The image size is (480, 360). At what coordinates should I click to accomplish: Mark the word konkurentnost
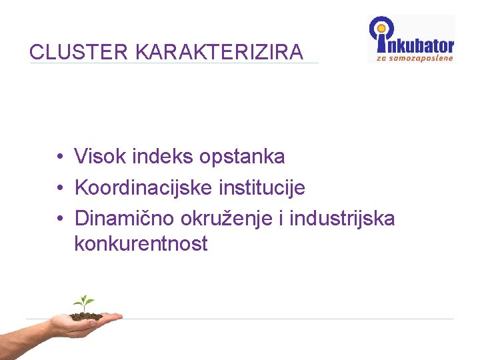point(141,244)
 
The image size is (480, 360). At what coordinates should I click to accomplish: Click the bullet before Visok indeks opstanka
point(60,157)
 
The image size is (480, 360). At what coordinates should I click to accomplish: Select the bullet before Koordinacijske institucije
point(60,188)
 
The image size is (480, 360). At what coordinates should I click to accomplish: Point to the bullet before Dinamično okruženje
point(60,219)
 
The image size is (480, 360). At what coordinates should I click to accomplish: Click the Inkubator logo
point(411,39)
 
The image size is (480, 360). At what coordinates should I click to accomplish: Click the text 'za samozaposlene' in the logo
point(415,57)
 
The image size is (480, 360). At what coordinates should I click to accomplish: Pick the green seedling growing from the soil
point(84,303)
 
